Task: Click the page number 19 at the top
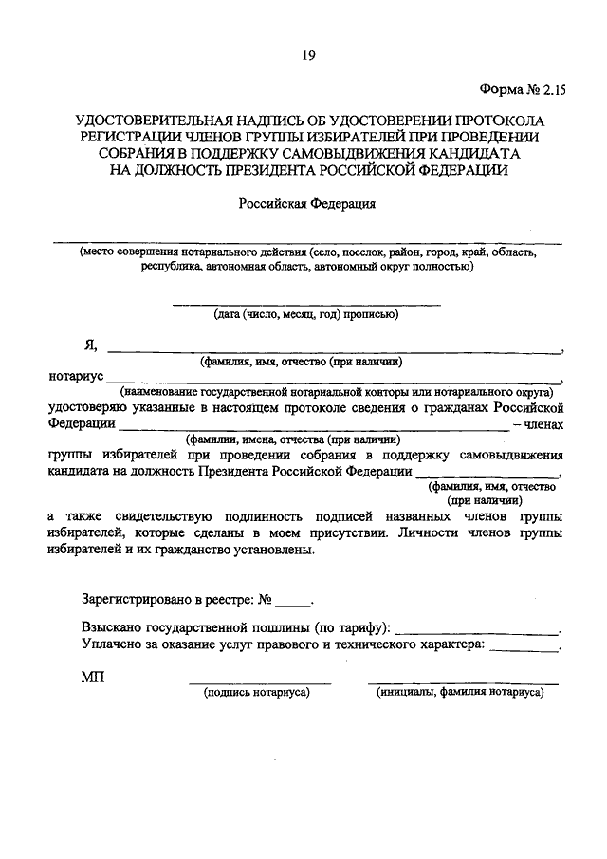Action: tap(308, 56)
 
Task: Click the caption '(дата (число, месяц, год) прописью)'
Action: tap(304, 314)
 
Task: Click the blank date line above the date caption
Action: tap(305, 304)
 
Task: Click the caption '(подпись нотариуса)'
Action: tap(258, 694)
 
